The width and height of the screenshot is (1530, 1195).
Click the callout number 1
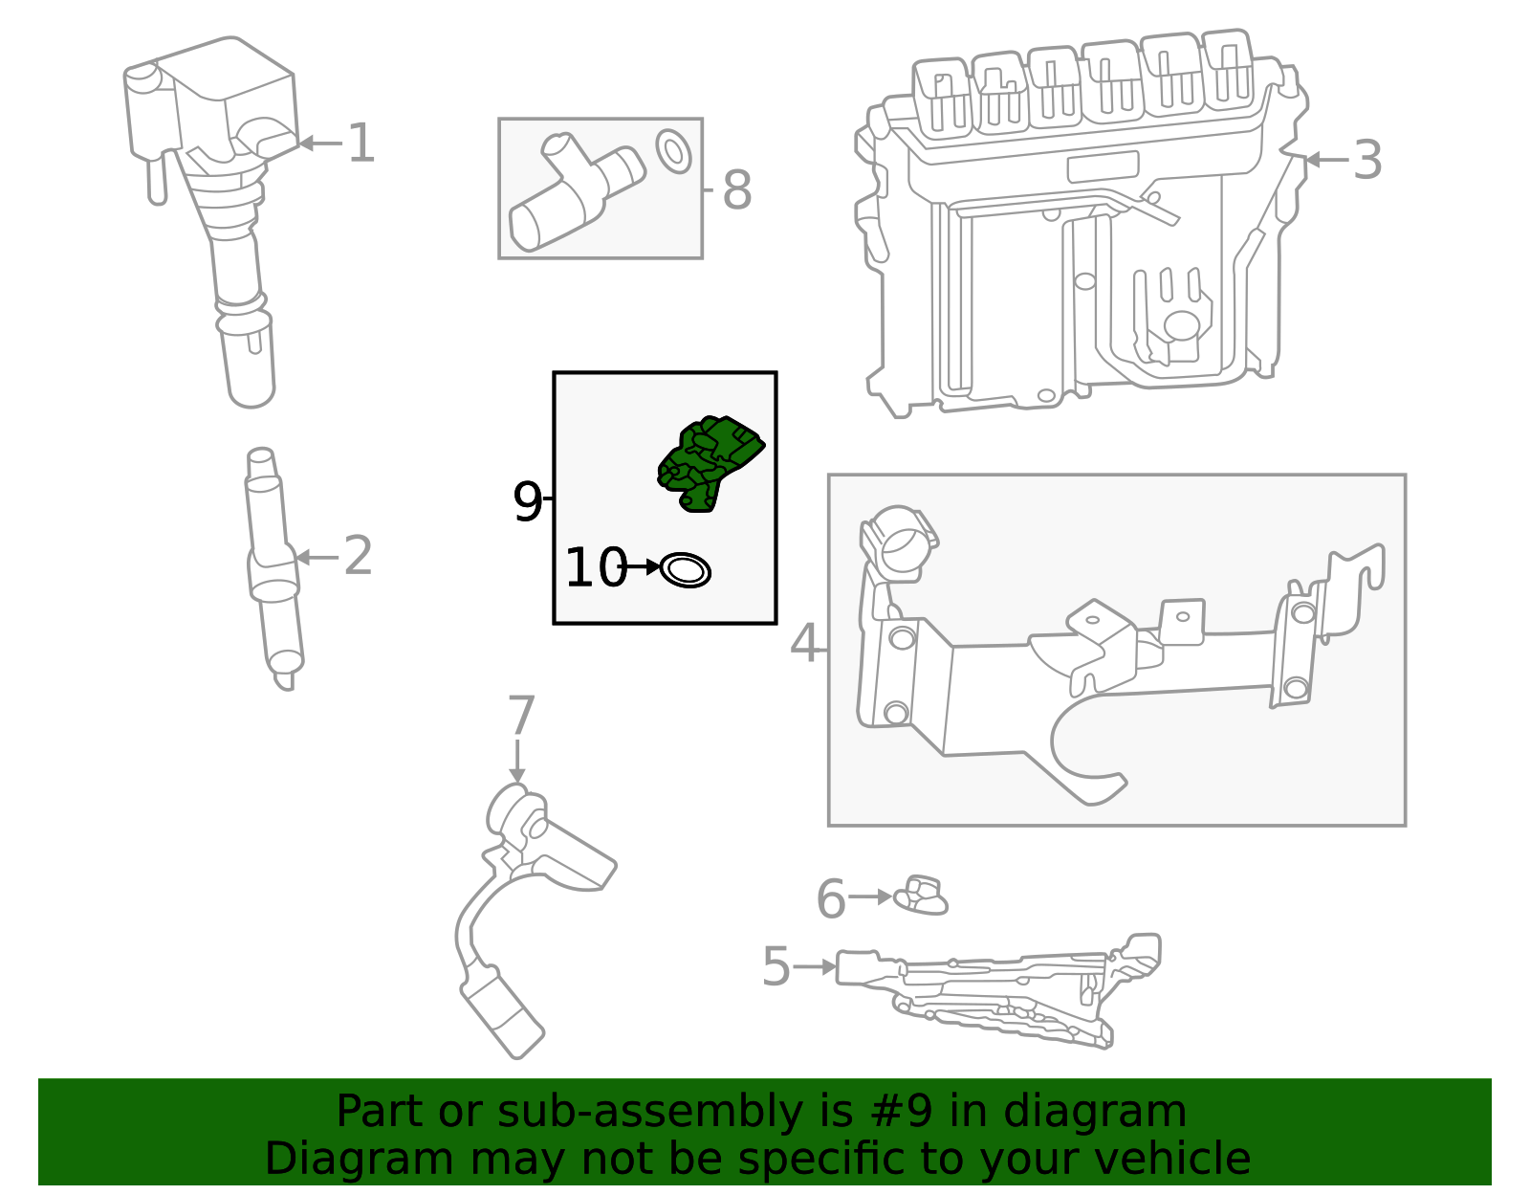point(361,144)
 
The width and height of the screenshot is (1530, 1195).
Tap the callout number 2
point(358,556)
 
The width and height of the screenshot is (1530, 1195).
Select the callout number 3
point(1367,160)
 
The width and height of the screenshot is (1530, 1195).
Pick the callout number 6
point(830,898)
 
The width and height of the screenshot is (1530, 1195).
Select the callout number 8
point(736,189)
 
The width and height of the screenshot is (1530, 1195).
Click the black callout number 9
point(527,500)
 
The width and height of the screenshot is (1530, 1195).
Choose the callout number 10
point(594,567)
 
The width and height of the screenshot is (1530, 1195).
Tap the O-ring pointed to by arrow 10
point(686,570)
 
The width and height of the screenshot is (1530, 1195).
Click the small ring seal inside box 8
point(673,151)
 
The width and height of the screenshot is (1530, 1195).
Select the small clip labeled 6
point(920,896)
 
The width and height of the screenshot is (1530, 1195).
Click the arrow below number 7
point(517,760)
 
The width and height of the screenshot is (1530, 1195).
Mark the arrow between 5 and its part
point(815,967)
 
